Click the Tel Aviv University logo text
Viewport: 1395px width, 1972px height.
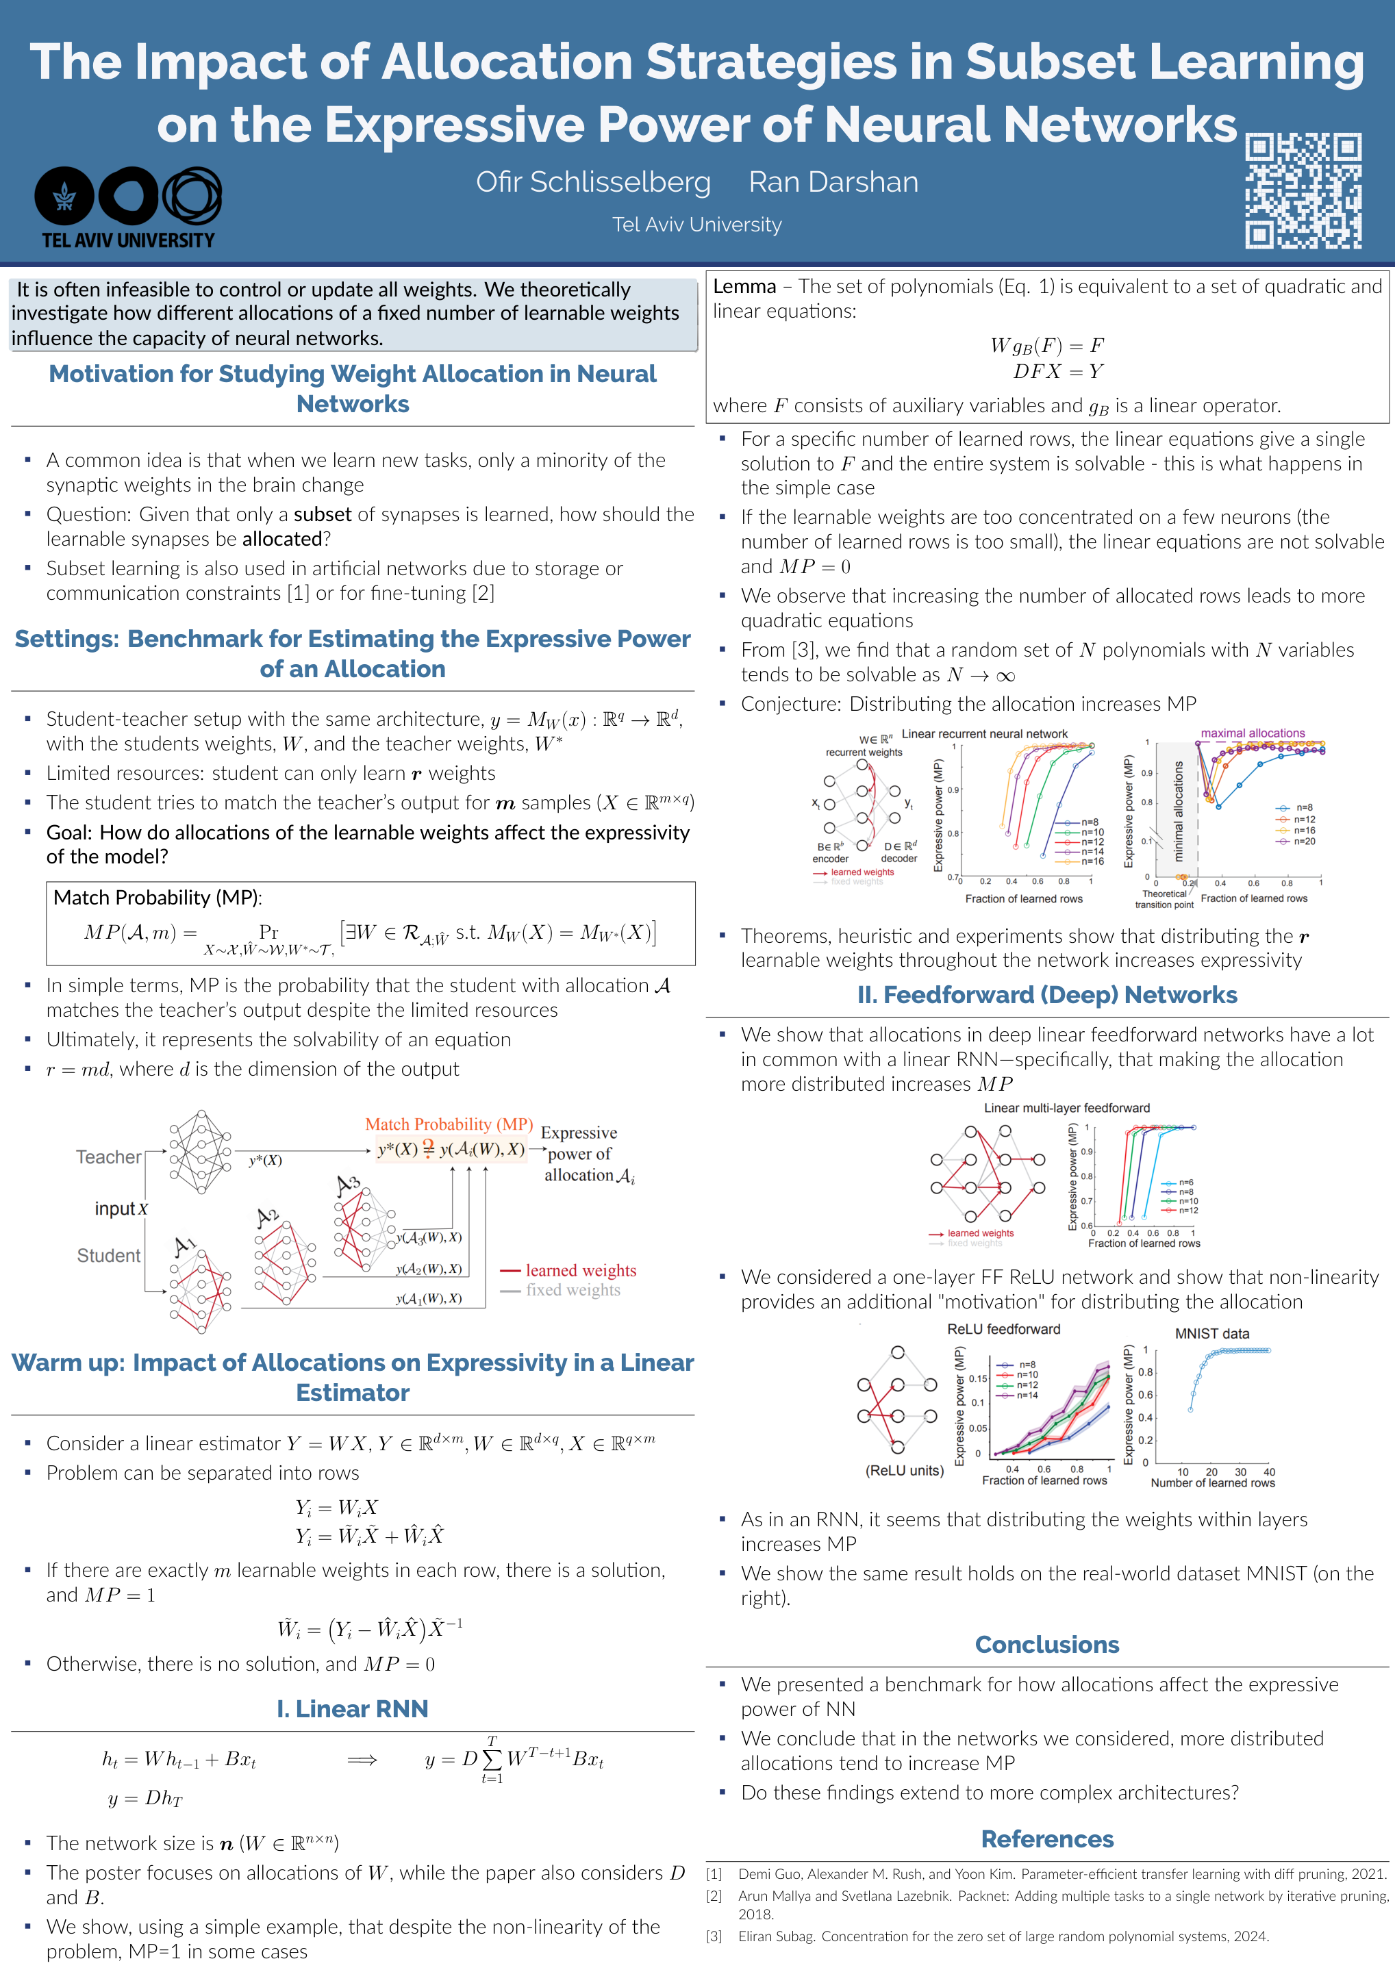(128, 240)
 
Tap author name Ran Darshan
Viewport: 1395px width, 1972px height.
(833, 182)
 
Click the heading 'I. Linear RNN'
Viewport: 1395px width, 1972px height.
(352, 1708)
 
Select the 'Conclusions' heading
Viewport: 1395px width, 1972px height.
(1046, 1644)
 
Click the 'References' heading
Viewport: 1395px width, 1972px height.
(1046, 1839)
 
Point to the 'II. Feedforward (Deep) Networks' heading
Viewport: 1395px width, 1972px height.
(1046, 995)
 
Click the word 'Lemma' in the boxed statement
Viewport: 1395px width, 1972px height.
(744, 287)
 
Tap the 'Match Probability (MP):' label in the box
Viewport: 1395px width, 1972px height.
(158, 898)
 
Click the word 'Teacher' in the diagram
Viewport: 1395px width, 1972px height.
(108, 1157)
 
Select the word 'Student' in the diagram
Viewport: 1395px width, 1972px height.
(108, 1256)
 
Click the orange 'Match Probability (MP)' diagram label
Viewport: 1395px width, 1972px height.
(449, 1124)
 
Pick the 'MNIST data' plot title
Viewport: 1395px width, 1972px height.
(1211, 1334)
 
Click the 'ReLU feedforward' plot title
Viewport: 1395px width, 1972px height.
(1003, 1328)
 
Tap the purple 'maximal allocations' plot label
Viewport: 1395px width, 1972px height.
(1253, 733)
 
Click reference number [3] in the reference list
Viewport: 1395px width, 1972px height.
(714, 1936)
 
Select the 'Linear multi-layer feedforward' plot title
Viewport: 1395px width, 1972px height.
(1066, 1108)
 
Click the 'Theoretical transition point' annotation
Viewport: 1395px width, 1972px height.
(1164, 899)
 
